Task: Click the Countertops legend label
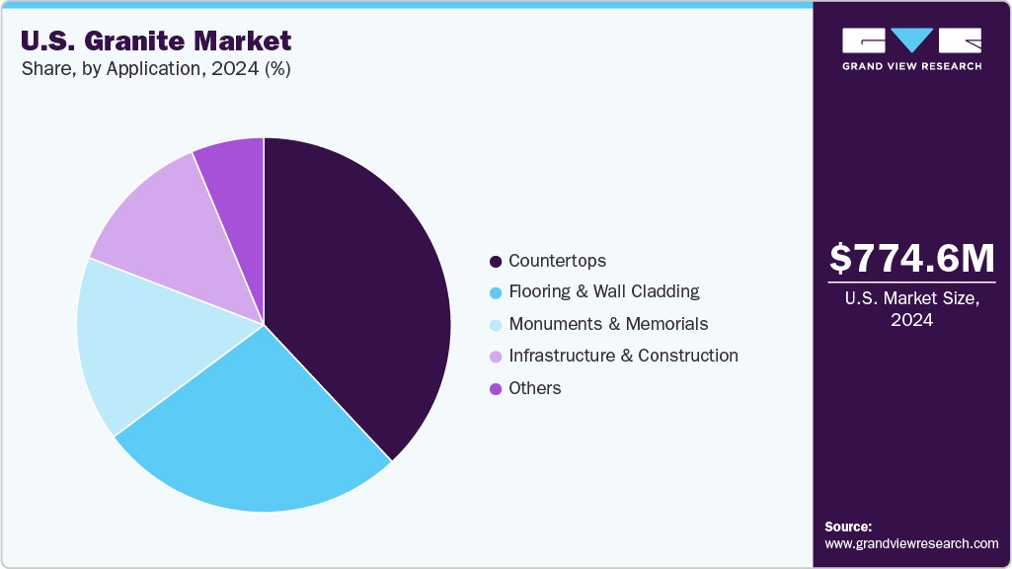point(557,261)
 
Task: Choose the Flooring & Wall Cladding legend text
point(603,291)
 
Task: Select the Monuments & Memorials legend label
point(608,324)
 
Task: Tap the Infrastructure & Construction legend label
point(623,356)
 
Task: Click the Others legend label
point(534,388)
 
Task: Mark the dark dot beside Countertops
point(496,262)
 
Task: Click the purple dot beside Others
point(496,388)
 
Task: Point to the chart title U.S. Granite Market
point(156,41)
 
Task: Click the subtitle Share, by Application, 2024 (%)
point(155,69)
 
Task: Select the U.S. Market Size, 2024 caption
point(911,310)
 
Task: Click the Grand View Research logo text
point(911,66)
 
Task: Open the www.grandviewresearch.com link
point(911,543)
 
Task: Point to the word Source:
point(848,527)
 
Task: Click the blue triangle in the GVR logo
point(912,41)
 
